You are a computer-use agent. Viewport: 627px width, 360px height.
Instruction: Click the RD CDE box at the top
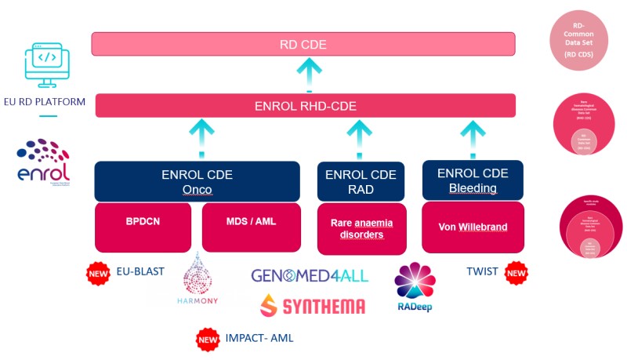[x=303, y=44]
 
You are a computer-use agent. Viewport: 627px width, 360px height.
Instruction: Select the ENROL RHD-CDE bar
[x=306, y=106]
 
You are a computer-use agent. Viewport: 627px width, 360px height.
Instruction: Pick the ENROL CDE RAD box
[x=361, y=181]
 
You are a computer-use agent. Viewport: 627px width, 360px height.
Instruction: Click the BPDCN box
[x=143, y=222]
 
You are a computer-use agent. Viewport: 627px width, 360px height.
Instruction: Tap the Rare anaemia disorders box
[x=361, y=228]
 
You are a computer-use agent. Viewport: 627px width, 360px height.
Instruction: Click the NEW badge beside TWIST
[x=516, y=272]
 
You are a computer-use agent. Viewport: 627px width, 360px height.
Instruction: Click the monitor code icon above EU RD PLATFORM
[x=48, y=64]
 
